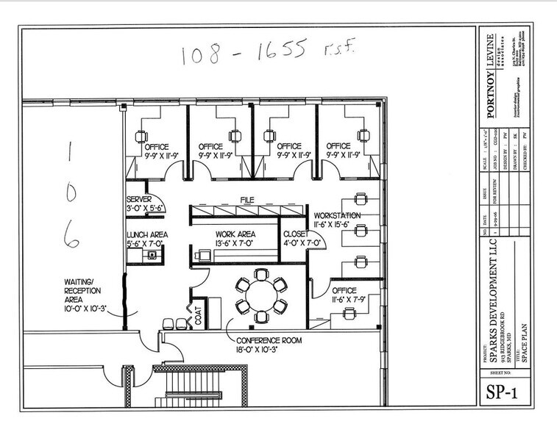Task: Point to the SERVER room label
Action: coord(139,200)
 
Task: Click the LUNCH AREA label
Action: coord(147,234)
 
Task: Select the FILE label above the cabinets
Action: coord(246,199)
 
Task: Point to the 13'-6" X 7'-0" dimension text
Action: coord(234,242)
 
